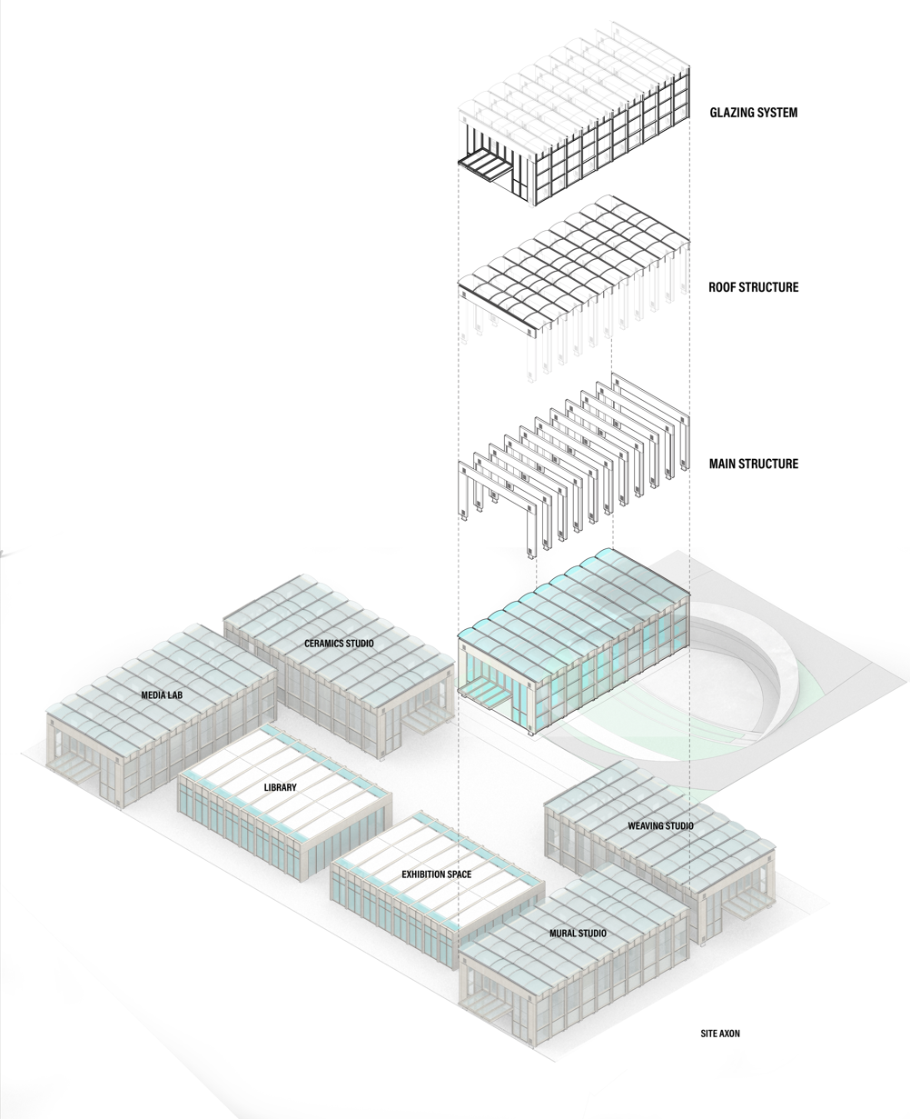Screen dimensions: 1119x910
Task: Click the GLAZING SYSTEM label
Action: [753, 114]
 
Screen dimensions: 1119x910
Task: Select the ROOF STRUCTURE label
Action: [753, 287]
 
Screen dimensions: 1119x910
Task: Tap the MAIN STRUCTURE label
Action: [753, 464]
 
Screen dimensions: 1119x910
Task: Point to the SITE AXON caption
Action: [720, 1034]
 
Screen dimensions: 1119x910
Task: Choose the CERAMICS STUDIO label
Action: [339, 644]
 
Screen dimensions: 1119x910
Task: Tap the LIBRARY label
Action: [280, 787]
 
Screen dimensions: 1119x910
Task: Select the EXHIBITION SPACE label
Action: [436, 874]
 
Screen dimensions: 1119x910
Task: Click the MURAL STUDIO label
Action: [578, 934]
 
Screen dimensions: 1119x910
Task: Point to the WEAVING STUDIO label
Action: [660, 825]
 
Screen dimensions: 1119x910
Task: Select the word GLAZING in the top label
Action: [730, 114]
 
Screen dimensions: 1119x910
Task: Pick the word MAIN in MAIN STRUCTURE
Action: [724, 464]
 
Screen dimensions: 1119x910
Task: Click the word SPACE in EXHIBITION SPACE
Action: [459, 874]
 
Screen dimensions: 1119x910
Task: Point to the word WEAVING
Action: [647, 825]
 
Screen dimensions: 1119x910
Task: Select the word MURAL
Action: [563, 934]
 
